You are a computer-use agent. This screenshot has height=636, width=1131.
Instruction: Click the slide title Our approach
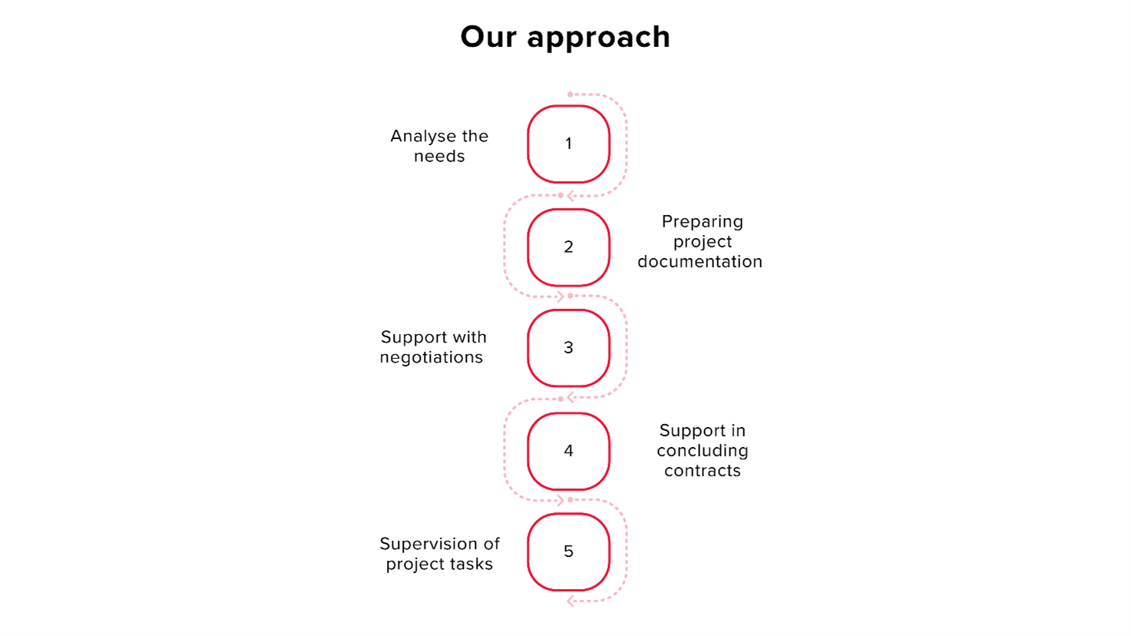(565, 38)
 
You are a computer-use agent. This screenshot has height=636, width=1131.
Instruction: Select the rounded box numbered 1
(568, 144)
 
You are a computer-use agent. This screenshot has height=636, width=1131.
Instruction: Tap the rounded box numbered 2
(568, 247)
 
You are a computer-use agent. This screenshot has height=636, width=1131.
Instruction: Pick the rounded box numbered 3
(568, 348)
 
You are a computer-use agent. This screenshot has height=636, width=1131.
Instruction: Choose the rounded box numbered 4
(568, 451)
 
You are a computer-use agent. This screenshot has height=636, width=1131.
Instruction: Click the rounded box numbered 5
(568, 552)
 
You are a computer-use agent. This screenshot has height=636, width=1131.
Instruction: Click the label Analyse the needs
(439, 146)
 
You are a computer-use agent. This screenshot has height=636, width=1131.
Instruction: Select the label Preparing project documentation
(700, 241)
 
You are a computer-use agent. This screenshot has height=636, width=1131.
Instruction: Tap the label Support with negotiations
(433, 347)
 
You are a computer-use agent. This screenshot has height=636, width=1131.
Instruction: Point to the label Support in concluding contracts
(703, 451)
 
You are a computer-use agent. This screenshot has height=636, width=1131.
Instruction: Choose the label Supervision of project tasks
(439, 554)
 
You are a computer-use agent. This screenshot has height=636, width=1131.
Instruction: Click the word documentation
(700, 262)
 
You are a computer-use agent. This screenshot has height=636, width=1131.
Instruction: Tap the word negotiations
(432, 357)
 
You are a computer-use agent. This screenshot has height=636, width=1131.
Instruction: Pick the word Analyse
(423, 137)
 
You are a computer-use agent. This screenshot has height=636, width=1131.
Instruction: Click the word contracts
(703, 471)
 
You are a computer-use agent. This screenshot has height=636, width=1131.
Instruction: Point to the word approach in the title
(599, 38)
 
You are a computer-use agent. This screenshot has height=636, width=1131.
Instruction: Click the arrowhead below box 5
(570, 601)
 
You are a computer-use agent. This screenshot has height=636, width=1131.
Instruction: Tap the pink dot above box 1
(570, 94)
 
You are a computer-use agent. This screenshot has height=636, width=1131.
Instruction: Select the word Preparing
(703, 222)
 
